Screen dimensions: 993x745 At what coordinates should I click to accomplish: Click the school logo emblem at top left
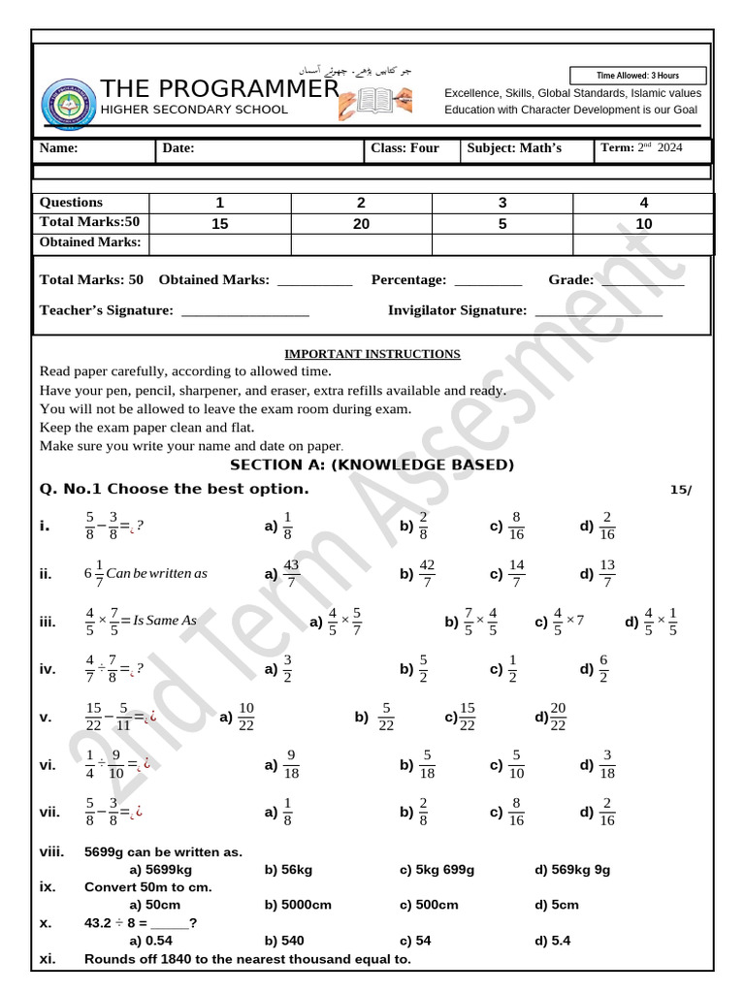click(69, 106)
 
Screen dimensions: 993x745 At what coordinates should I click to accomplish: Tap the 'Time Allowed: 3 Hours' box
click(651, 76)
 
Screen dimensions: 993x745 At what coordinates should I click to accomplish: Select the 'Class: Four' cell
click(405, 148)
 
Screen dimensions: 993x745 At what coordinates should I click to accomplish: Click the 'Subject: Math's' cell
click(514, 148)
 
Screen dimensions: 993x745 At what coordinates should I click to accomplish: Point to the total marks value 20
click(361, 223)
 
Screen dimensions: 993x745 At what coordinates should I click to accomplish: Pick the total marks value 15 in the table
click(219, 223)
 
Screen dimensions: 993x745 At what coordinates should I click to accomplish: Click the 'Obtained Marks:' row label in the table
click(90, 242)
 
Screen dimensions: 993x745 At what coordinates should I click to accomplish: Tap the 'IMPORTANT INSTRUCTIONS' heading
click(372, 354)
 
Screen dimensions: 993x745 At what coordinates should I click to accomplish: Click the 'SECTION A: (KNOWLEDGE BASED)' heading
click(372, 464)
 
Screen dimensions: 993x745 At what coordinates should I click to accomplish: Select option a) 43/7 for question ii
click(282, 573)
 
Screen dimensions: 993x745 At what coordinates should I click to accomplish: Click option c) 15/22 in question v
click(461, 718)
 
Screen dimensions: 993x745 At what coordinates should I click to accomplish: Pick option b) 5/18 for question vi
click(417, 765)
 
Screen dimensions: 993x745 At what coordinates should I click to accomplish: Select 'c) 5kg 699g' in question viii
click(437, 870)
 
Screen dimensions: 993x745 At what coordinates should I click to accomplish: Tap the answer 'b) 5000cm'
click(297, 905)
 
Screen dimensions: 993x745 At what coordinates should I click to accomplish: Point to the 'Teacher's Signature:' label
click(106, 310)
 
